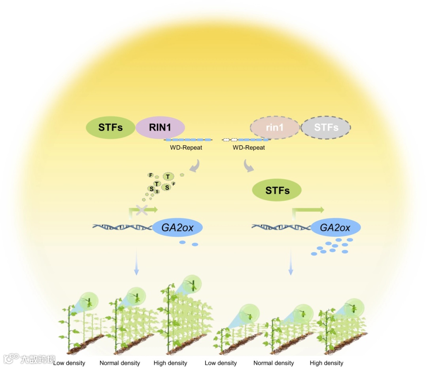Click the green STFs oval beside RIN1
click(110, 128)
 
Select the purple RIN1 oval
click(160, 128)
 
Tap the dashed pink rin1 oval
click(275, 128)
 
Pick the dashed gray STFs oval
click(326, 128)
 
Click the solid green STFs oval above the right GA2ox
click(277, 190)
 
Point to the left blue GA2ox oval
click(177, 228)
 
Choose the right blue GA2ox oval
click(335, 228)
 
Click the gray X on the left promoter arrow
click(142, 210)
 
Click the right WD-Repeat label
click(249, 148)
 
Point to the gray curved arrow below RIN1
click(195, 166)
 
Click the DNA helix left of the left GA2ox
click(122, 227)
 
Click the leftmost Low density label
click(70, 363)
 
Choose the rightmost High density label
click(327, 363)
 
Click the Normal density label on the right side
click(274, 363)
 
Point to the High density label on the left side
click(170, 363)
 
